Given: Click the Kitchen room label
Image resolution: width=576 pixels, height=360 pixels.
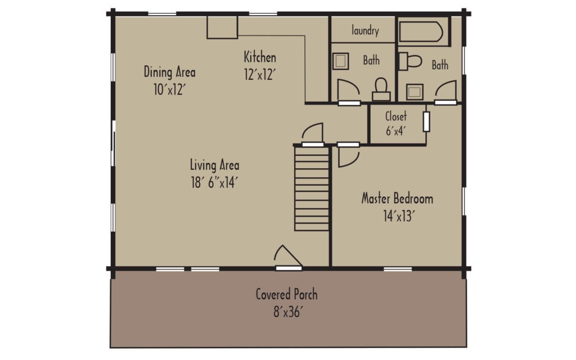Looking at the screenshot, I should pyautogui.click(x=260, y=57).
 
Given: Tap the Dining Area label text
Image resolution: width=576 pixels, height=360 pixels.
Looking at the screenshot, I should pyautogui.click(x=169, y=72).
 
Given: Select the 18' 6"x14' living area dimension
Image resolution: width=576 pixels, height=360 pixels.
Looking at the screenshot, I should pyautogui.click(x=214, y=182).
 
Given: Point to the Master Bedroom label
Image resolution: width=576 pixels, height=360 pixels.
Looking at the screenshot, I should pyautogui.click(x=397, y=199).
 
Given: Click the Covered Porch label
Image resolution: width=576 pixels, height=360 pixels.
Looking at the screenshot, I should pyautogui.click(x=286, y=294).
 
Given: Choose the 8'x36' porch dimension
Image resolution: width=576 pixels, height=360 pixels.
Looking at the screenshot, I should pyautogui.click(x=287, y=312).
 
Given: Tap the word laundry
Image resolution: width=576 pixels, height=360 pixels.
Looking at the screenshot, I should pyautogui.click(x=365, y=31).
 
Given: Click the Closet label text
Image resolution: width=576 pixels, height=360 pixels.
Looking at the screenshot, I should pyautogui.click(x=396, y=117).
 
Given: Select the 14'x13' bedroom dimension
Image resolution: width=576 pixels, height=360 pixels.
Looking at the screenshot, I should pyautogui.click(x=397, y=216).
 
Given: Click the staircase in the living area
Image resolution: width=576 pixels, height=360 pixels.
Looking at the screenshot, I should pyautogui.click(x=312, y=188).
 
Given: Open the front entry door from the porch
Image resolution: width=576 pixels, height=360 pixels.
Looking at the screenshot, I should pyautogui.click(x=288, y=256).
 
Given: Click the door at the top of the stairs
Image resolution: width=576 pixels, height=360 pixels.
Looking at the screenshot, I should pyautogui.click(x=313, y=134).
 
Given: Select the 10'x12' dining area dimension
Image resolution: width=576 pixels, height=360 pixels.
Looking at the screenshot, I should pyautogui.click(x=169, y=89).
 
